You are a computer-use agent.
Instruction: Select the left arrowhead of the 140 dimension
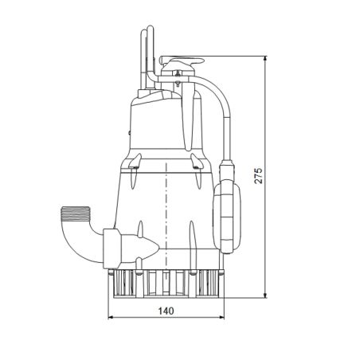[x=110, y=317]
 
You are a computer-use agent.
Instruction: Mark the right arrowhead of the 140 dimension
[x=222, y=317]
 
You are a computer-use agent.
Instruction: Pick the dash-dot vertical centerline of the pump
[x=166, y=199]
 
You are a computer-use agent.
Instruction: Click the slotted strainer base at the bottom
[x=166, y=282]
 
